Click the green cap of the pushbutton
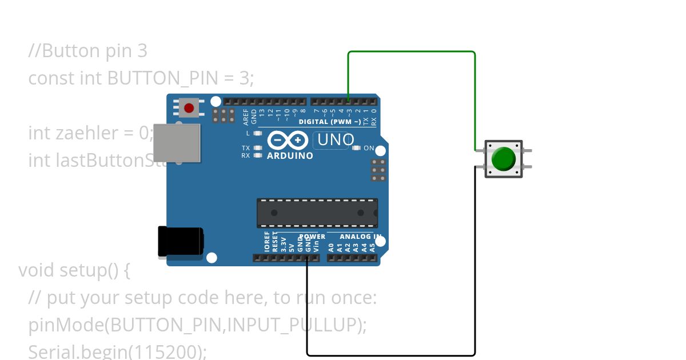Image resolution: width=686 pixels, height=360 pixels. tap(504, 158)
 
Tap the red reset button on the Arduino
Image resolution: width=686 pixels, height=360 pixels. tap(189, 107)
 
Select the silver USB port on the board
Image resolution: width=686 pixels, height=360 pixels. tap(178, 143)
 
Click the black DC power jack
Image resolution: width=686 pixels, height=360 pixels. tap(180, 241)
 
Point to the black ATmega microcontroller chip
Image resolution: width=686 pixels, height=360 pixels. tap(317, 213)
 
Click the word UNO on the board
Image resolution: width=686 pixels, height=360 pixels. tap(335, 139)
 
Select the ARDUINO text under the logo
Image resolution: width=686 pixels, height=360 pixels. tap(290, 155)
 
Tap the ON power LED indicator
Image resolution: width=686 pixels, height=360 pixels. tap(357, 148)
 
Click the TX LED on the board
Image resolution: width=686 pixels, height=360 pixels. tap(258, 148)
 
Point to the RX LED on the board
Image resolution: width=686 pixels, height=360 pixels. tap(258, 155)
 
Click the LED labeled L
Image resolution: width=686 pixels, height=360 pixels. tap(258, 133)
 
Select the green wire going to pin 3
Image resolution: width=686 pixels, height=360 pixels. tap(412, 52)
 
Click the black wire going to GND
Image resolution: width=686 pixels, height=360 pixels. tap(391, 355)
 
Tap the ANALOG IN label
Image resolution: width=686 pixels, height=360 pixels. tap(360, 237)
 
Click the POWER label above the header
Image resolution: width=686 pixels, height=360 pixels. tap(312, 237)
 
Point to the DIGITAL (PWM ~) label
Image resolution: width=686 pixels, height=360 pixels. tap(330, 122)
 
